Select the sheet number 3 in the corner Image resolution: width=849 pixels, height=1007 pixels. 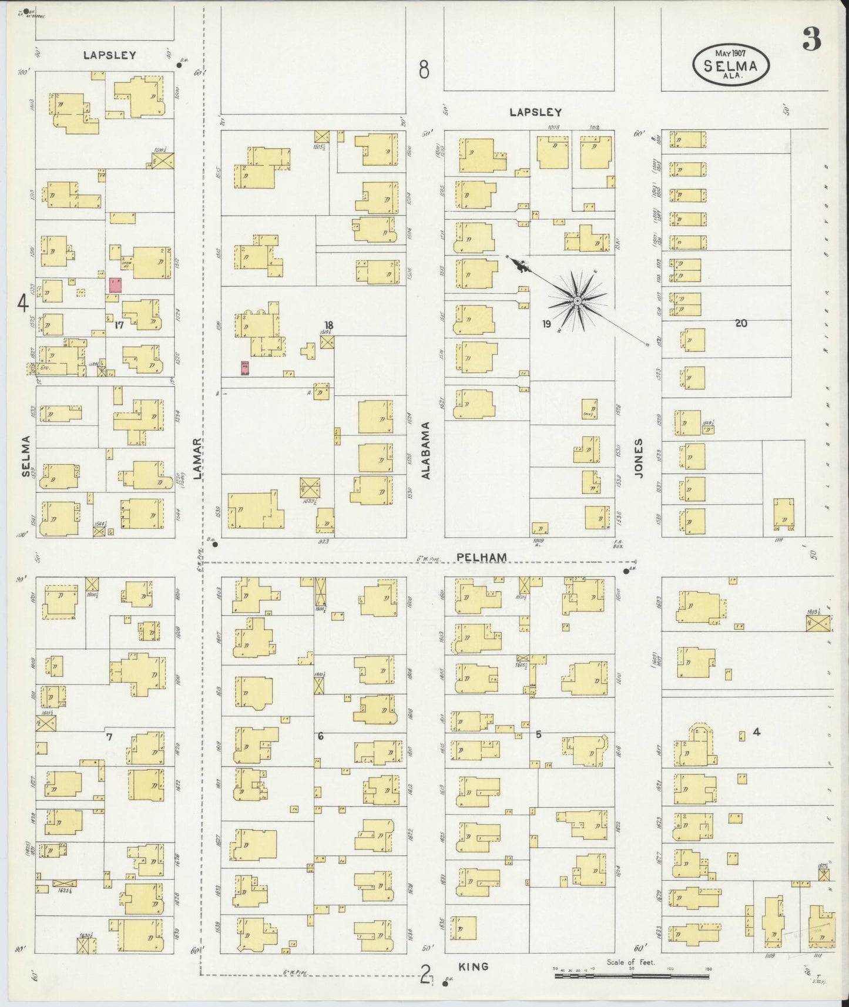pyautogui.click(x=811, y=41)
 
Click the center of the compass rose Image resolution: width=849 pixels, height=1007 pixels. pyautogui.click(x=577, y=301)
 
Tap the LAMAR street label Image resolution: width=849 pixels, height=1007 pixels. pyautogui.click(x=197, y=459)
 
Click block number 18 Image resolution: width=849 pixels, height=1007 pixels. pyautogui.click(x=328, y=325)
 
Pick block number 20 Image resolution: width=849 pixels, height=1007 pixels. pyautogui.click(x=740, y=323)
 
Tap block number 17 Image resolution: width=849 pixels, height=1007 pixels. pyautogui.click(x=119, y=325)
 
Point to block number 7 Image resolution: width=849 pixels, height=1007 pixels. pyautogui.click(x=108, y=736)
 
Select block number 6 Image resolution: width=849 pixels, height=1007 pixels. pyautogui.click(x=320, y=736)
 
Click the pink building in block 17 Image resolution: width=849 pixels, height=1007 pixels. pyautogui.click(x=116, y=286)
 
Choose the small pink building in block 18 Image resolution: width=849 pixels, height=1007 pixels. pyautogui.click(x=246, y=368)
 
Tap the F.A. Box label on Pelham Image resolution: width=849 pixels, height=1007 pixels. pyautogui.click(x=617, y=543)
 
